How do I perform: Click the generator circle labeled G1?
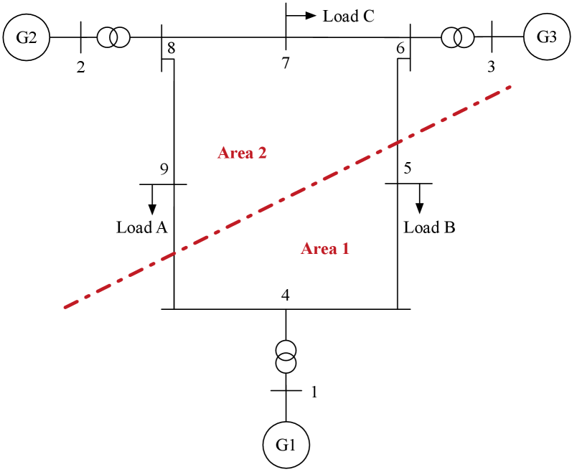coord(286,445)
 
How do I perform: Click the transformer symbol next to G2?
coord(113,37)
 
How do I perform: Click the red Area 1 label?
coord(324,249)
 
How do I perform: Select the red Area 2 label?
coord(242,153)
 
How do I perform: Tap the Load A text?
coord(142,228)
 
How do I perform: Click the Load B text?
coord(429,228)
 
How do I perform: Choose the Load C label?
coord(348,16)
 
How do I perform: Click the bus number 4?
coord(286,296)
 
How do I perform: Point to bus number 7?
coord(286,63)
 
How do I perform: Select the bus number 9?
coord(164,170)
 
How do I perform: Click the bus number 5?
coord(408,170)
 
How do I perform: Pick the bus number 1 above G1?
coord(313,392)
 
